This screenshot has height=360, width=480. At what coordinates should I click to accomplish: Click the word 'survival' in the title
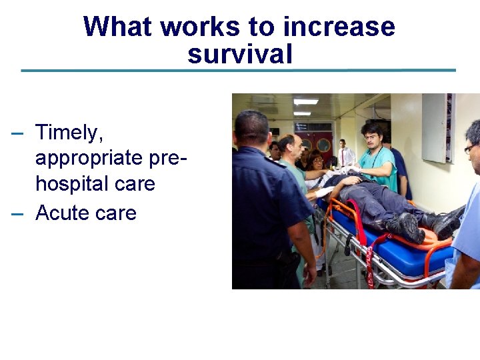pos(239,54)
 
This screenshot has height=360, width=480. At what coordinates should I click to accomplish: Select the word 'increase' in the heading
pos(339,27)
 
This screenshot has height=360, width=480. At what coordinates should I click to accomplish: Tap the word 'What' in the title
pos(119,27)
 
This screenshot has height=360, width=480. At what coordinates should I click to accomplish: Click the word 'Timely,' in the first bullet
pos(69,133)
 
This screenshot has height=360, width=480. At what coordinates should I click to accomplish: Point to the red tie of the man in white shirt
pos(344,157)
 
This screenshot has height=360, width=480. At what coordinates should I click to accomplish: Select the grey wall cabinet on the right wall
pos(437,127)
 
